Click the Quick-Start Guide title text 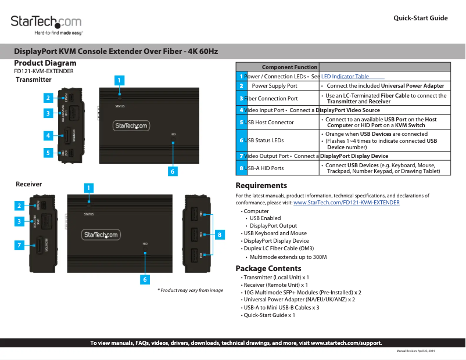[420, 18]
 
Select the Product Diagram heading [45, 63]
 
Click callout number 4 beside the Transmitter [49, 135]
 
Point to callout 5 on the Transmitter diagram [49, 153]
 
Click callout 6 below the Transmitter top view [173, 171]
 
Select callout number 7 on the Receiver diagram [19, 245]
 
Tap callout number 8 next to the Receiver [220, 235]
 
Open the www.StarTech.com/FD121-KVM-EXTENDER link [346, 203]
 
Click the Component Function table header [289, 67]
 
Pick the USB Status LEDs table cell [265, 141]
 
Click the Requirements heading [261, 186]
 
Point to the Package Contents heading [268, 268]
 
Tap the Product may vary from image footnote [190, 290]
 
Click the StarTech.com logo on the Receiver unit [101, 235]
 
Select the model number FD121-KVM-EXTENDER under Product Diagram [44, 71]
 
